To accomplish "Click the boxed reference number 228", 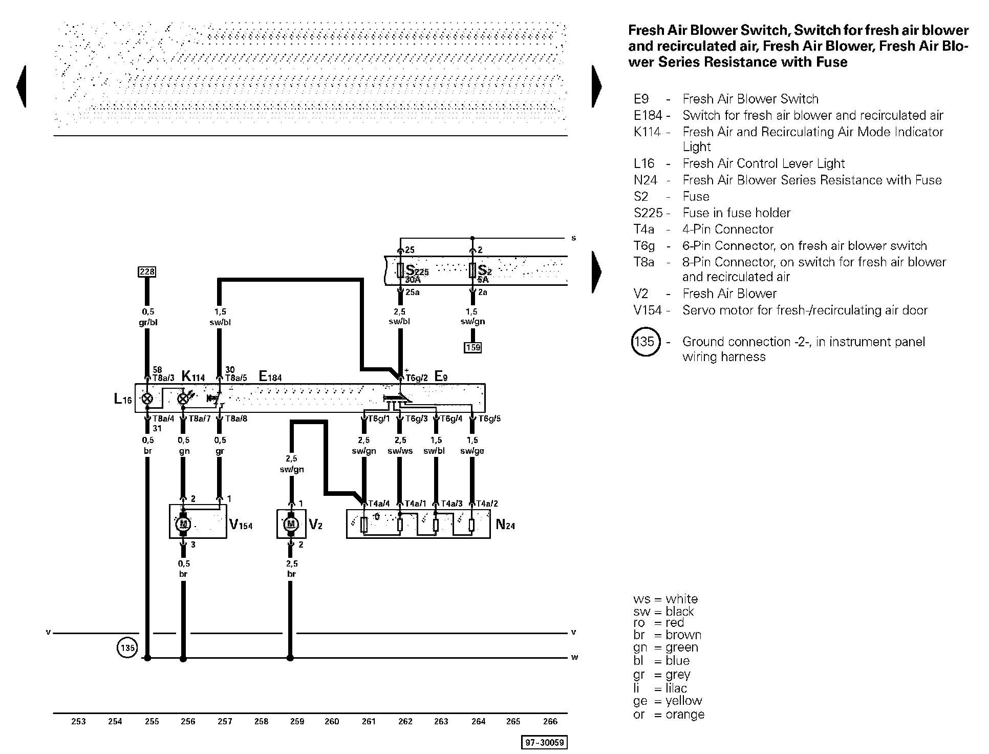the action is pos(147,271).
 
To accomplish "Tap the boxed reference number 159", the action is pos(472,348).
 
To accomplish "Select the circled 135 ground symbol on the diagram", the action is pos(127,648).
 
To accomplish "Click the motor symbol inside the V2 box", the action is pos(291,524).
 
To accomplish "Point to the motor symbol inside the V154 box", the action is pos(183,524).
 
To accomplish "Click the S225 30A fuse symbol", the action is pos(400,270).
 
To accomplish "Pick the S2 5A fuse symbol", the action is pos(472,270).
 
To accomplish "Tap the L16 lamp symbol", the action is pos(147,399).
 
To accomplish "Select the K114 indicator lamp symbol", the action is pos(183,399).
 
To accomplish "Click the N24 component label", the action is pos(505,525).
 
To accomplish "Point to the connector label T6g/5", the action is pos(489,418).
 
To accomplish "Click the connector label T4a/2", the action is pos(487,504).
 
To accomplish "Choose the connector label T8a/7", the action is pos(200,418).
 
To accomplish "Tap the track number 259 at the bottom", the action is pos(297,721).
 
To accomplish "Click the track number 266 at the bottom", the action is pos(550,721).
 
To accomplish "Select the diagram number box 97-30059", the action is pos(545,743).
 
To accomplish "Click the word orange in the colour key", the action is pos(685,715).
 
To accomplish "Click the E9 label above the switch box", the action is pos(441,376).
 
